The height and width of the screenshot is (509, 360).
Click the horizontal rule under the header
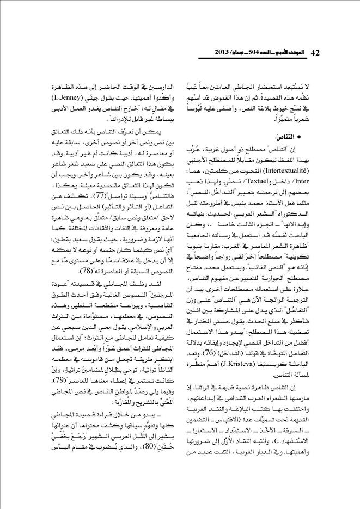coord(180,61)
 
